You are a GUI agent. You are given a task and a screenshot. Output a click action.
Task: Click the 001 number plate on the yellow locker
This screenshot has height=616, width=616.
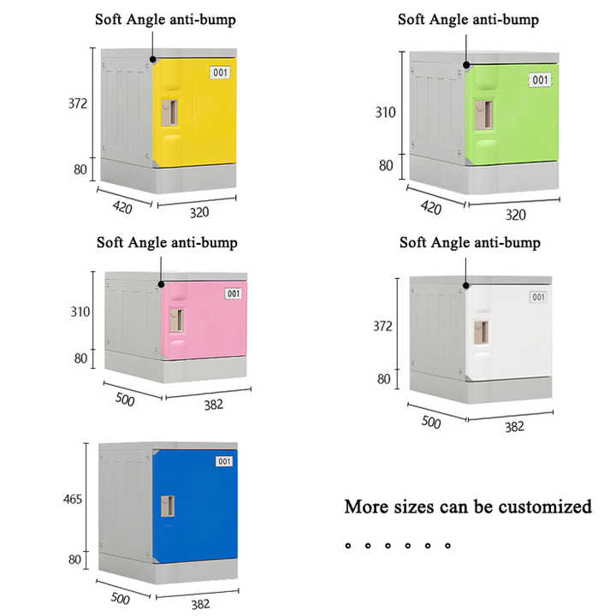220,73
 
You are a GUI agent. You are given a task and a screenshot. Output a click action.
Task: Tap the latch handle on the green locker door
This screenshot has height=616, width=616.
484,115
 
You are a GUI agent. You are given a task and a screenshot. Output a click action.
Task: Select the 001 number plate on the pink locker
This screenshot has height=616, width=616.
234,293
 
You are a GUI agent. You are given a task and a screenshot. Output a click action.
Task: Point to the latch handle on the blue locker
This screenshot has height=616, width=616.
168,506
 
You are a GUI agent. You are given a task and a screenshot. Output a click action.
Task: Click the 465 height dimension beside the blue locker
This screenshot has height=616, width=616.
73,500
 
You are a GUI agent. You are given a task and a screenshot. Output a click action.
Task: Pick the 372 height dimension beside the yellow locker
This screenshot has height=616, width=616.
78,104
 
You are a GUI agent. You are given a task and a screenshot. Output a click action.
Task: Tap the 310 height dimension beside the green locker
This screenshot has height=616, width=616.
385,113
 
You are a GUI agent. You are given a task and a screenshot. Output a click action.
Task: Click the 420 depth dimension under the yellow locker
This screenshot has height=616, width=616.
122,207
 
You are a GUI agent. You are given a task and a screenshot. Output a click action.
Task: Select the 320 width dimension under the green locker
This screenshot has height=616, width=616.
515,215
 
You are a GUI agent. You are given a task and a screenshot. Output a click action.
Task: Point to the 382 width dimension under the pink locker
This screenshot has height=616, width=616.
214,405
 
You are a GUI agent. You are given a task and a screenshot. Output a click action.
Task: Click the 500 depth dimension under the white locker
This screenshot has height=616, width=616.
431,423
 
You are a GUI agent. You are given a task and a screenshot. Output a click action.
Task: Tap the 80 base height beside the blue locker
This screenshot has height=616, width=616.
74,559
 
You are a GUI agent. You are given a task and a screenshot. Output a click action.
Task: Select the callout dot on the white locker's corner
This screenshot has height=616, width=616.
466,286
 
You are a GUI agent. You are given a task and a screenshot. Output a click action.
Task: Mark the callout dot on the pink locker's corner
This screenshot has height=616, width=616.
161,284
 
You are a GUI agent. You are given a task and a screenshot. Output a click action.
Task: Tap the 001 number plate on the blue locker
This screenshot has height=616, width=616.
224,461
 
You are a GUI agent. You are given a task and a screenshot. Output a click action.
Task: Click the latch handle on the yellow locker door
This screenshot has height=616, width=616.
170,113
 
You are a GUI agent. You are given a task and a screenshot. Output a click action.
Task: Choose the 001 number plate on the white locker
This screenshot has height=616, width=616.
538,297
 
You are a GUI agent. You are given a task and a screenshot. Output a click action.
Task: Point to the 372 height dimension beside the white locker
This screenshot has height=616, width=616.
382,326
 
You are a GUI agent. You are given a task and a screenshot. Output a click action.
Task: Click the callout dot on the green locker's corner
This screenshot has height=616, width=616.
466,65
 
